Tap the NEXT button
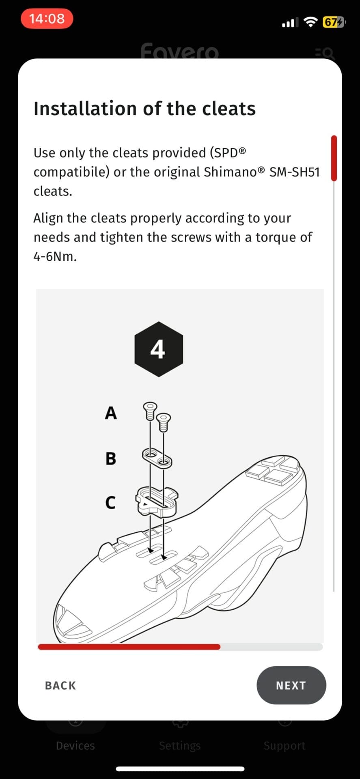[291, 685]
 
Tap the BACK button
[60, 685]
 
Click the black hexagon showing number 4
[158, 349]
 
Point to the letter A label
[111, 413]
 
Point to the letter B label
[111, 458]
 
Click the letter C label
[110, 502]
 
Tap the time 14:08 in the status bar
[47, 19]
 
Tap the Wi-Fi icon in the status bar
[310, 22]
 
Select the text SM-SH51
[294, 172]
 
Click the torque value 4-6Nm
[55, 256]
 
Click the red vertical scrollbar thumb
[334, 158]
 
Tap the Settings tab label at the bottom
[180, 745]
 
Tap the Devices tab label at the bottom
[75, 745]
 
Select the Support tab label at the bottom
[285, 745]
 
